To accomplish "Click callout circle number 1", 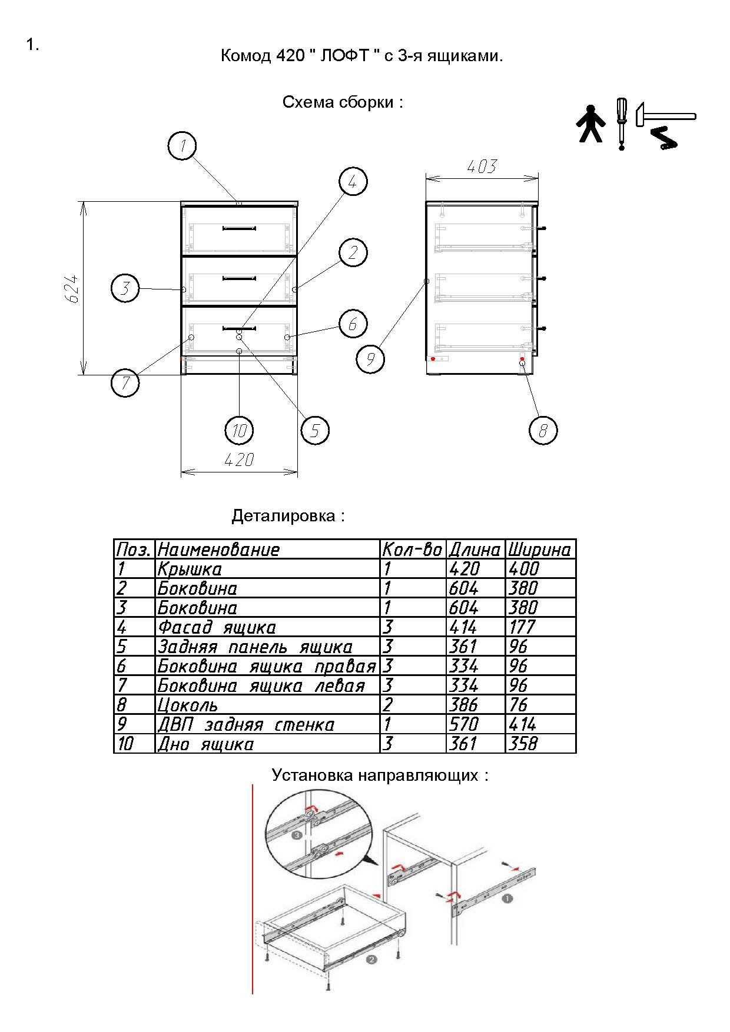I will pos(182,146).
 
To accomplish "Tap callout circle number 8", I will pos(543,431).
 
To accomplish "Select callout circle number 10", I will pos(239,431).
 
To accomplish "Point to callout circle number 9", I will pos(370,359).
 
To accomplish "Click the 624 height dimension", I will pos(72,288).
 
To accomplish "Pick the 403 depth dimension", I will pos(482,167).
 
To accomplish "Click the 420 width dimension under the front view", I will pos(239,460).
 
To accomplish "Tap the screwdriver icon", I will pos(621,124).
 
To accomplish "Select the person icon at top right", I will pos(590,124).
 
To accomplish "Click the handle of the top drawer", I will pos(239,228).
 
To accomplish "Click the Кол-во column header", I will pos(412,550).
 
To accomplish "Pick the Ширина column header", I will pos(539,550).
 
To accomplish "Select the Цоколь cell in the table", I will pos(188,705).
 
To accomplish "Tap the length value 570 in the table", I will pos(464,724).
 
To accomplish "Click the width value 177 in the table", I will pos(522,627).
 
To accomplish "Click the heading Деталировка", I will pos(288,516).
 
